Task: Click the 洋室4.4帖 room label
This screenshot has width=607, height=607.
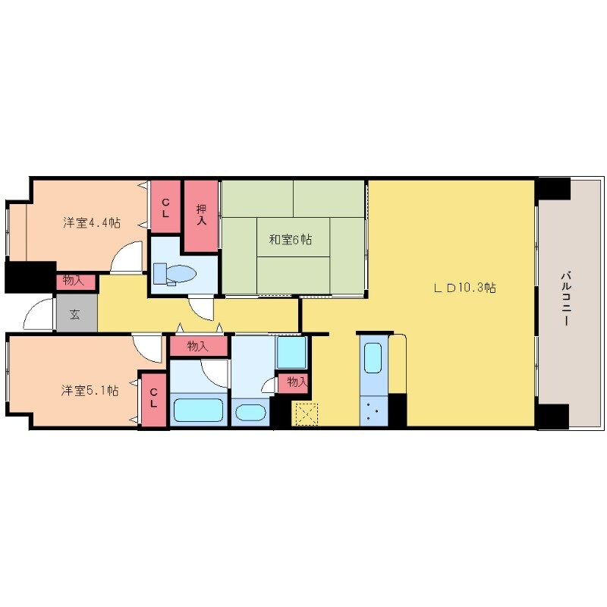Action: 92,223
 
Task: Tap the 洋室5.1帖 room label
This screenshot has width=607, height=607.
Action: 90,390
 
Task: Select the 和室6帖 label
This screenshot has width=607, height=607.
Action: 291,240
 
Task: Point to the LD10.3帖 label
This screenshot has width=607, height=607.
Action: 464,288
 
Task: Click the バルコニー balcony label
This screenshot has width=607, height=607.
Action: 566,299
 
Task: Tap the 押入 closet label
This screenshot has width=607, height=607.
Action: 201,215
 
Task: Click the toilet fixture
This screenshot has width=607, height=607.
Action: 175,274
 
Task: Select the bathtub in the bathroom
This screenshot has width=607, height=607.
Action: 199,410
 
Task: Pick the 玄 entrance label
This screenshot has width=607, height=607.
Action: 74,314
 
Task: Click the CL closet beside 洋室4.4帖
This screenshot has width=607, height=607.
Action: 165,207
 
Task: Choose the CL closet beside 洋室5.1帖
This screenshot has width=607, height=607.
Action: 154,398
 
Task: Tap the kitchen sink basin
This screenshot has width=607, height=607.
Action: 373,357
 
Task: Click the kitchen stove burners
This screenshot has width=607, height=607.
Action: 373,411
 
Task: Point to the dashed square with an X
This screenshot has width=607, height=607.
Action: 307,414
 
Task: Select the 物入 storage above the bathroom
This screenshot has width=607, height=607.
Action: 198,346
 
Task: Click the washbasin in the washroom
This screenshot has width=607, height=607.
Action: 250,413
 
